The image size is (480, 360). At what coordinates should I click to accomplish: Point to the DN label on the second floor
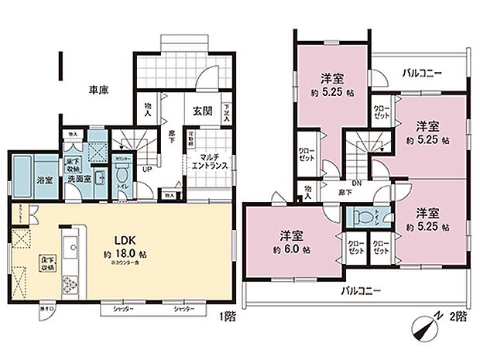[x=355, y=183]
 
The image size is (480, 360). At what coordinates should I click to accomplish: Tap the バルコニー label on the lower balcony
[x=362, y=292]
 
